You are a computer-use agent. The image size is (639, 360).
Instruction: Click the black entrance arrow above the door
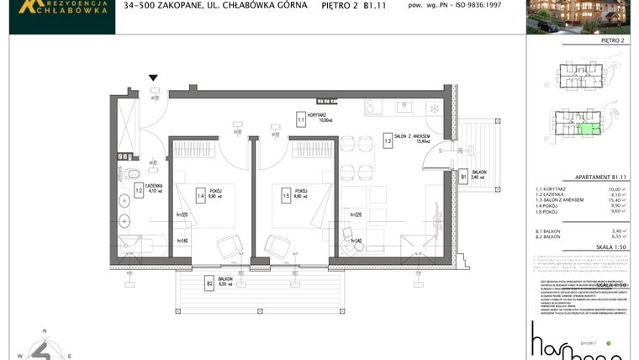(x=153, y=77)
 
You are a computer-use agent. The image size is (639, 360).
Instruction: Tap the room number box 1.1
(x=301, y=119)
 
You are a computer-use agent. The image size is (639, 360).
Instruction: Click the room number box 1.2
(x=139, y=191)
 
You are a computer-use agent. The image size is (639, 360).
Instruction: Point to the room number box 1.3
(x=388, y=142)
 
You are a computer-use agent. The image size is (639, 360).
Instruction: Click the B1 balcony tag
(x=463, y=177)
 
